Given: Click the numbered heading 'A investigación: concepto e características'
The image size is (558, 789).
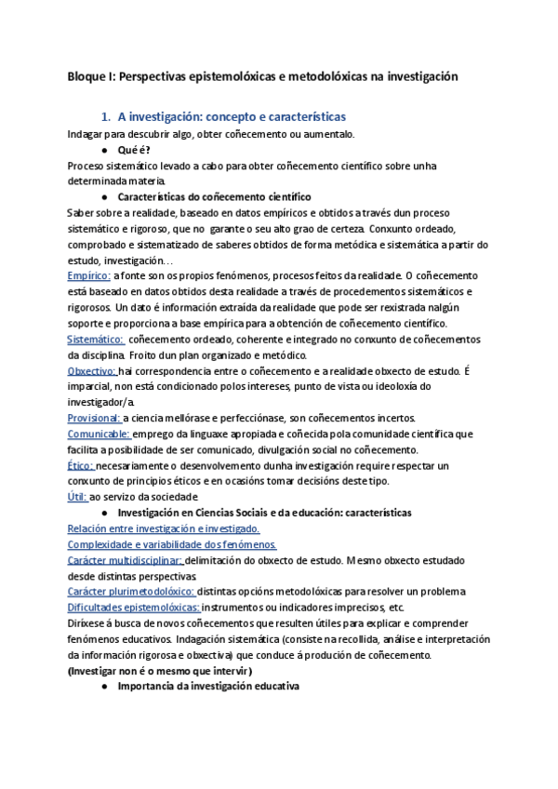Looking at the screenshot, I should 232,117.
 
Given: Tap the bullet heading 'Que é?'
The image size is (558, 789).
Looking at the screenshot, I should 134,150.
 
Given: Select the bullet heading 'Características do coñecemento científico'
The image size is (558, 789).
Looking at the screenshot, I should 214,197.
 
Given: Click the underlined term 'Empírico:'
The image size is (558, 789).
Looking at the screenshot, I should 89,276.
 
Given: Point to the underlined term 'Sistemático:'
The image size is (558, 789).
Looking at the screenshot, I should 96,339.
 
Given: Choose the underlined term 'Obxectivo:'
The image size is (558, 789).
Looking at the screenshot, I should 92,370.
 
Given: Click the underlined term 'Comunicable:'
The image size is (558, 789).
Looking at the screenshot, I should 99,434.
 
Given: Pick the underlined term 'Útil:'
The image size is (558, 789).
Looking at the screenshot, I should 77,497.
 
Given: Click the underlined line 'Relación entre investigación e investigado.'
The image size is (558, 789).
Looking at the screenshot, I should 163,528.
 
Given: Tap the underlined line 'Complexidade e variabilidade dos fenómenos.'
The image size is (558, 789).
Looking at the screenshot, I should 172,544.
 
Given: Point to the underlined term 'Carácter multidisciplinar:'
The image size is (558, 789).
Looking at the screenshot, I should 126,560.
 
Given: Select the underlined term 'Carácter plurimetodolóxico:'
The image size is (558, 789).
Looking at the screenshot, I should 131,592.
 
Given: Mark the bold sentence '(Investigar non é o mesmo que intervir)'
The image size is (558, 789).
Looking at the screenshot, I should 160,670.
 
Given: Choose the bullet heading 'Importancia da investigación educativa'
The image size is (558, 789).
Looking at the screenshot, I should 208,686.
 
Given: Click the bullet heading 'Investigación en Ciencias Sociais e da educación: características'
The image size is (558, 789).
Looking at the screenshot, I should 265,513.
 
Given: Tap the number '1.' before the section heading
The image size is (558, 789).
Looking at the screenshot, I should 106,117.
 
